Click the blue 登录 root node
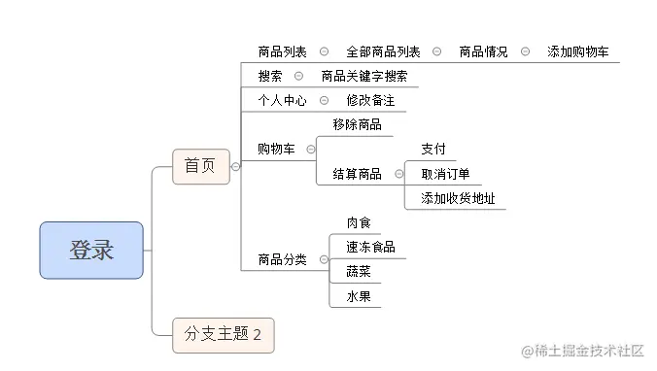click(x=91, y=251)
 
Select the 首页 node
click(x=200, y=167)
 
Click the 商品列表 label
click(x=282, y=52)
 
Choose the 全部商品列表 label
click(x=383, y=52)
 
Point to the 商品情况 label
click(x=483, y=52)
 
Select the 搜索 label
click(x=270, y=77)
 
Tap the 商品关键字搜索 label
click(x=363, y=77)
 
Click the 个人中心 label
click(x=282, y=100)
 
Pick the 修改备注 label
click(x=370, y=100)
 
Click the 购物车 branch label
click(x=276, y=149)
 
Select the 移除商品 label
click(x=357, y=124)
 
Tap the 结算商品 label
click(x=357, y=174)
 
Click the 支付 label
click(x=433, y=150)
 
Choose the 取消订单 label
click(x=445, y=174)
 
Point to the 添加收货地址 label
click(x=458, y=199)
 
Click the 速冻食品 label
click(x=370, y=248)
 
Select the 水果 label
click(x=359, y=296)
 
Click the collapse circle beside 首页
click(x=235, y=167)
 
